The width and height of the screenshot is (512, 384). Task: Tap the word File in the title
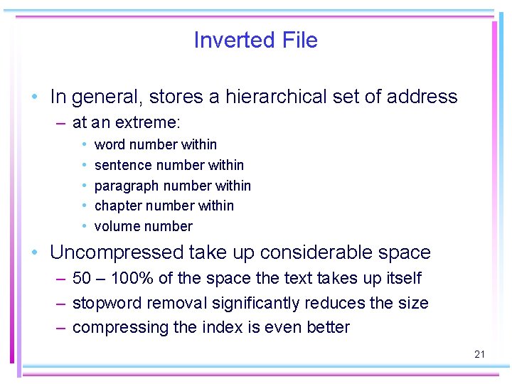(300, 40)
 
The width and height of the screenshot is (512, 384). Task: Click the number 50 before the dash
(82, 278)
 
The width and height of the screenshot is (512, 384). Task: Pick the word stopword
(107, 303)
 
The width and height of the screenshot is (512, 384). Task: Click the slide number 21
(479, 354)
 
